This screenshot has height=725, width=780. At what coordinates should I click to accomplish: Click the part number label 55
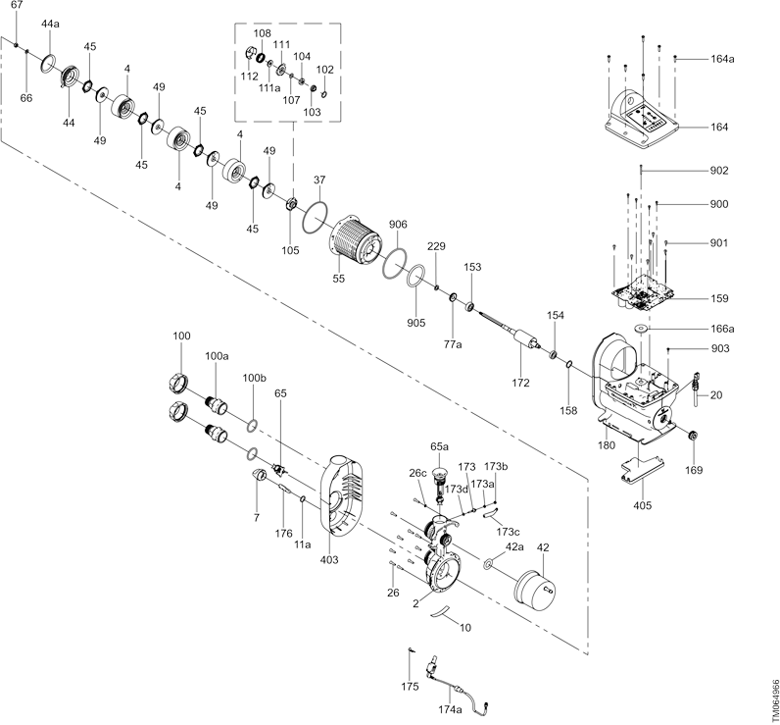click(339, 279)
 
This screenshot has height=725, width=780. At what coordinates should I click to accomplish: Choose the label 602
click(719, 170)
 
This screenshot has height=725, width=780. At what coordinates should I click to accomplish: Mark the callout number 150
click(720, 297)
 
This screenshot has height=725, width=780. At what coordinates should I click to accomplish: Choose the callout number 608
click(397, 224)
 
